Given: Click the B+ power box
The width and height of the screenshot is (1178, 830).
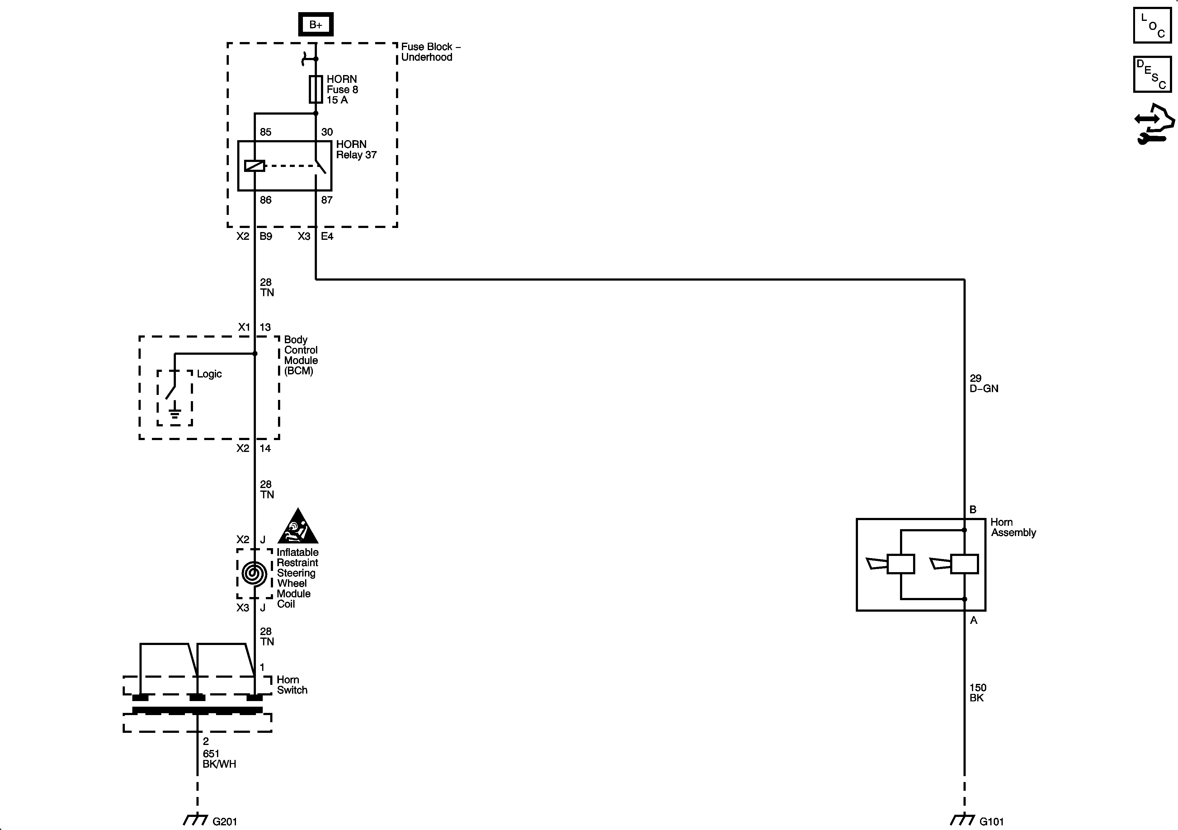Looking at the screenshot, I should [x=316, y=24].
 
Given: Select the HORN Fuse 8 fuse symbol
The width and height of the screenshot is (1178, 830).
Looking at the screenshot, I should [x=316, y=89].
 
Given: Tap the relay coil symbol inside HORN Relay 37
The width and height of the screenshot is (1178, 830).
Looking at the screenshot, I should [x=254, y=166].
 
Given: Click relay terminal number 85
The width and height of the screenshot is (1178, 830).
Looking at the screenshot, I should [x=265, y=132].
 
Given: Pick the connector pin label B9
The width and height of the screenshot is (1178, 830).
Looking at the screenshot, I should [x=266, y=236].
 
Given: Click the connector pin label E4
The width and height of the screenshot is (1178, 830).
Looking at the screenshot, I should [x=327, y=236].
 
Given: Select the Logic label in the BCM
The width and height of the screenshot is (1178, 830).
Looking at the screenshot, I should [x=209, y=374].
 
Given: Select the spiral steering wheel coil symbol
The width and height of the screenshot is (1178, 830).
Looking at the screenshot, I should [x=254, y=573].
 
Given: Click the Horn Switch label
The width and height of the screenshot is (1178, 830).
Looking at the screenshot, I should [x=292, y=685].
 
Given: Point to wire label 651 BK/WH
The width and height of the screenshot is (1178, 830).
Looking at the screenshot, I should [x=219, y=759].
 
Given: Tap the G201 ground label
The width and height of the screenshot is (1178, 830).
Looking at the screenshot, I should [x=225, y=821].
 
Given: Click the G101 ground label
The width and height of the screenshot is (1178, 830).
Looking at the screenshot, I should [x=991, y=821].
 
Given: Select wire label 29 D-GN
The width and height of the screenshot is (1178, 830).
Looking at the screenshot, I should [x=983, y=383].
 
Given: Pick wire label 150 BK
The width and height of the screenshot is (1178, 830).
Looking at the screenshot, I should [x=978, y=692].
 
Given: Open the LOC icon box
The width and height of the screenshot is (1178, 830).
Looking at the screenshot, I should [x=1152, y=25].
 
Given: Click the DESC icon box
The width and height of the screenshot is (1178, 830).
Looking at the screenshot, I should [x=1152, y=74].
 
